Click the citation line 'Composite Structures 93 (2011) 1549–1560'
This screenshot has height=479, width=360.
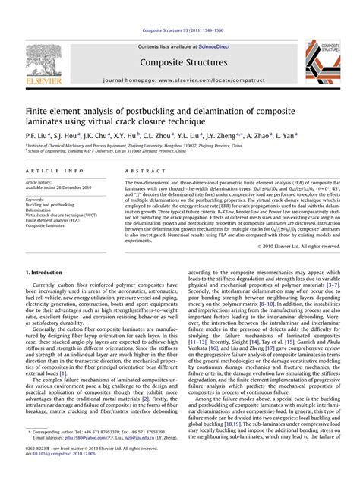coord(180,9)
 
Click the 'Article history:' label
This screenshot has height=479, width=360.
coord(40,183)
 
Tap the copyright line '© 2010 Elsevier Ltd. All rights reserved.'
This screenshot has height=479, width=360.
coord(297,247)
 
